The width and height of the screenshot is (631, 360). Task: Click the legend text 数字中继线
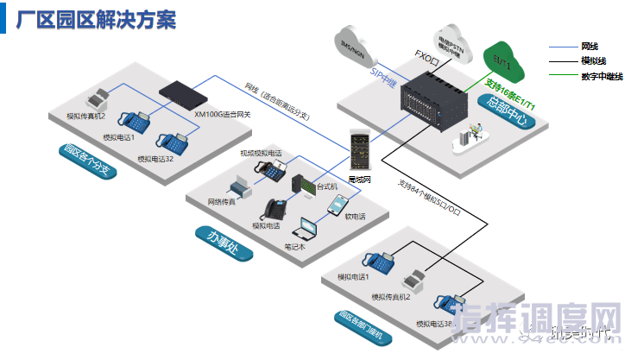(x=603, y=76)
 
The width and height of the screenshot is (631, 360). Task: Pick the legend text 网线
(x=590, y=45)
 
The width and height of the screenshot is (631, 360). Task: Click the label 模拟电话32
(x=155, y=159)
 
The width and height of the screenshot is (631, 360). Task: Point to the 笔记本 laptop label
(x=295, y=246)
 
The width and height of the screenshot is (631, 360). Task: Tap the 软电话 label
(x=356, y=216)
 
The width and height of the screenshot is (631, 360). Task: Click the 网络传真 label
(x=223, y=201)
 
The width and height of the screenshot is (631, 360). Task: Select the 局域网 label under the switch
(x=359, y=179)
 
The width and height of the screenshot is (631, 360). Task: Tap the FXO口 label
(x=428, y=54)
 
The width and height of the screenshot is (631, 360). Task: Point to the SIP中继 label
(x=383, y=78)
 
